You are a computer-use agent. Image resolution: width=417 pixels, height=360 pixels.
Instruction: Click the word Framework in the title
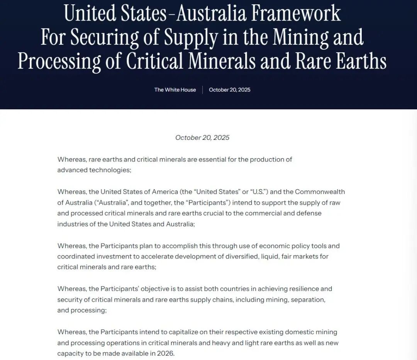click(x=296, y=14)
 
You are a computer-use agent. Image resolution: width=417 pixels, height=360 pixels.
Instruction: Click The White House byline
click(x=175, y=90)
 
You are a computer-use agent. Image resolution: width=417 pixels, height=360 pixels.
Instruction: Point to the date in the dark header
click(x=229, y=90)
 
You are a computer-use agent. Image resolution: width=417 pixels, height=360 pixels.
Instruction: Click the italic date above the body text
click(x=202, y=138)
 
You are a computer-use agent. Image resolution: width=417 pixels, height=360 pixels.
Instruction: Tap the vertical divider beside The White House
click(x=202, y=90)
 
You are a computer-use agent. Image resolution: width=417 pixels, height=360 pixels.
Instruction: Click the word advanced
click(x=73, y=170)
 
